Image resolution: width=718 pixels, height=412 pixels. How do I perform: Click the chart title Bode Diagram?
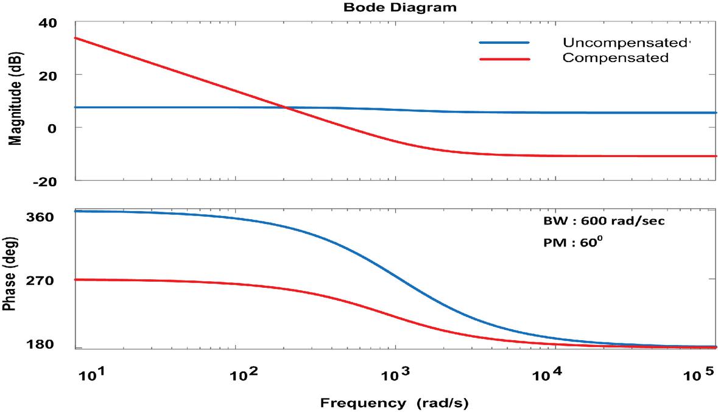(399, 8)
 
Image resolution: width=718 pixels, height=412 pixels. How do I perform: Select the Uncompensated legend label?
(625, 43)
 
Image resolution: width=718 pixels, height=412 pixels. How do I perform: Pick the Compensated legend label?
(615, 58)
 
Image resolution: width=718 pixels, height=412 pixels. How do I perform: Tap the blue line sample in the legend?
(504, 43)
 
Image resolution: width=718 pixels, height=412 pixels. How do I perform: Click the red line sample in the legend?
(504, 59)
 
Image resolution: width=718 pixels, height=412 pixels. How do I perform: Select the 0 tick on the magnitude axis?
(52, 128)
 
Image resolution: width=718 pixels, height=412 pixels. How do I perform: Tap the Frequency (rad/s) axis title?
(395, 402)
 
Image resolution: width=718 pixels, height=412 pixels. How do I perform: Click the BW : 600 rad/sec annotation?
(603, 221)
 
